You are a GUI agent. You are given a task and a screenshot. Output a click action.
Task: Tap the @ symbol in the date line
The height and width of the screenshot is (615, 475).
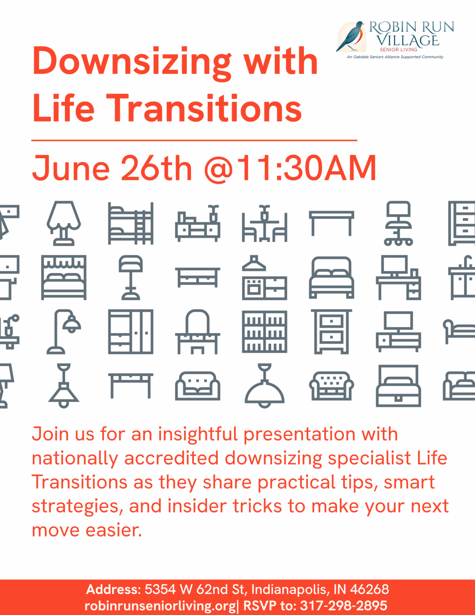coord(218,169)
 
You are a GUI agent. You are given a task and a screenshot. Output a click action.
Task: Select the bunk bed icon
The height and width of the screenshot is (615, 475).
coord(131,223)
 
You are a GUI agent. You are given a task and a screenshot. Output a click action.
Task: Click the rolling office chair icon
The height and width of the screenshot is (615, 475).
coord(399,223)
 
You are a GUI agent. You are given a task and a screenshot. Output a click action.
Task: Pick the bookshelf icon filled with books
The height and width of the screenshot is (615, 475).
coord(264,331)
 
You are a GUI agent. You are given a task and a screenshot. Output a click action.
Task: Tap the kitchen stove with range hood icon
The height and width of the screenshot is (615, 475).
coord(264,278)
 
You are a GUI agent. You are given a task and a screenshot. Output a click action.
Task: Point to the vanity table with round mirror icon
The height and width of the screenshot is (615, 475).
coord(198,331)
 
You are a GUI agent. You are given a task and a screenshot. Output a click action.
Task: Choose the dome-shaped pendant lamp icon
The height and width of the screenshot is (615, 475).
coord(264,386)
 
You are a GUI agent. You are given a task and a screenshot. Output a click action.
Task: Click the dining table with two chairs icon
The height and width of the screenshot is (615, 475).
coord(264,223)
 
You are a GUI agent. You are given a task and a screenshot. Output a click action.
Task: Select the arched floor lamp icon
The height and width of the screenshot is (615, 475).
coord(64,331)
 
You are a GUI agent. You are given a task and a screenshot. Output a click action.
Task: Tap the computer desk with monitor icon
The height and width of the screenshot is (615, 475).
coord(399,278)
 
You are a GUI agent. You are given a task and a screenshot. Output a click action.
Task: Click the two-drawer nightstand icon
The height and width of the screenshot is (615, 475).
coord(331,331)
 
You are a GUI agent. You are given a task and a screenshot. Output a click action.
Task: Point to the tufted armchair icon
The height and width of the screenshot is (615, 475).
coord(331,386)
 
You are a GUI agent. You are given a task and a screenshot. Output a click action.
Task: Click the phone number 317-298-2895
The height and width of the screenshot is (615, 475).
coord(344,606)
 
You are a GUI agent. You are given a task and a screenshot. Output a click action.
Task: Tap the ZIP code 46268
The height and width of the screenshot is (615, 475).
coord(369,589)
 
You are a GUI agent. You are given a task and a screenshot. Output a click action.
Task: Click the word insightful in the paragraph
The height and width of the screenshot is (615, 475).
coord(198,434)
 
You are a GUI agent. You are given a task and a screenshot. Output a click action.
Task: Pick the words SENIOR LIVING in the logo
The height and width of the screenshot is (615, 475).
coord(399,50)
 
